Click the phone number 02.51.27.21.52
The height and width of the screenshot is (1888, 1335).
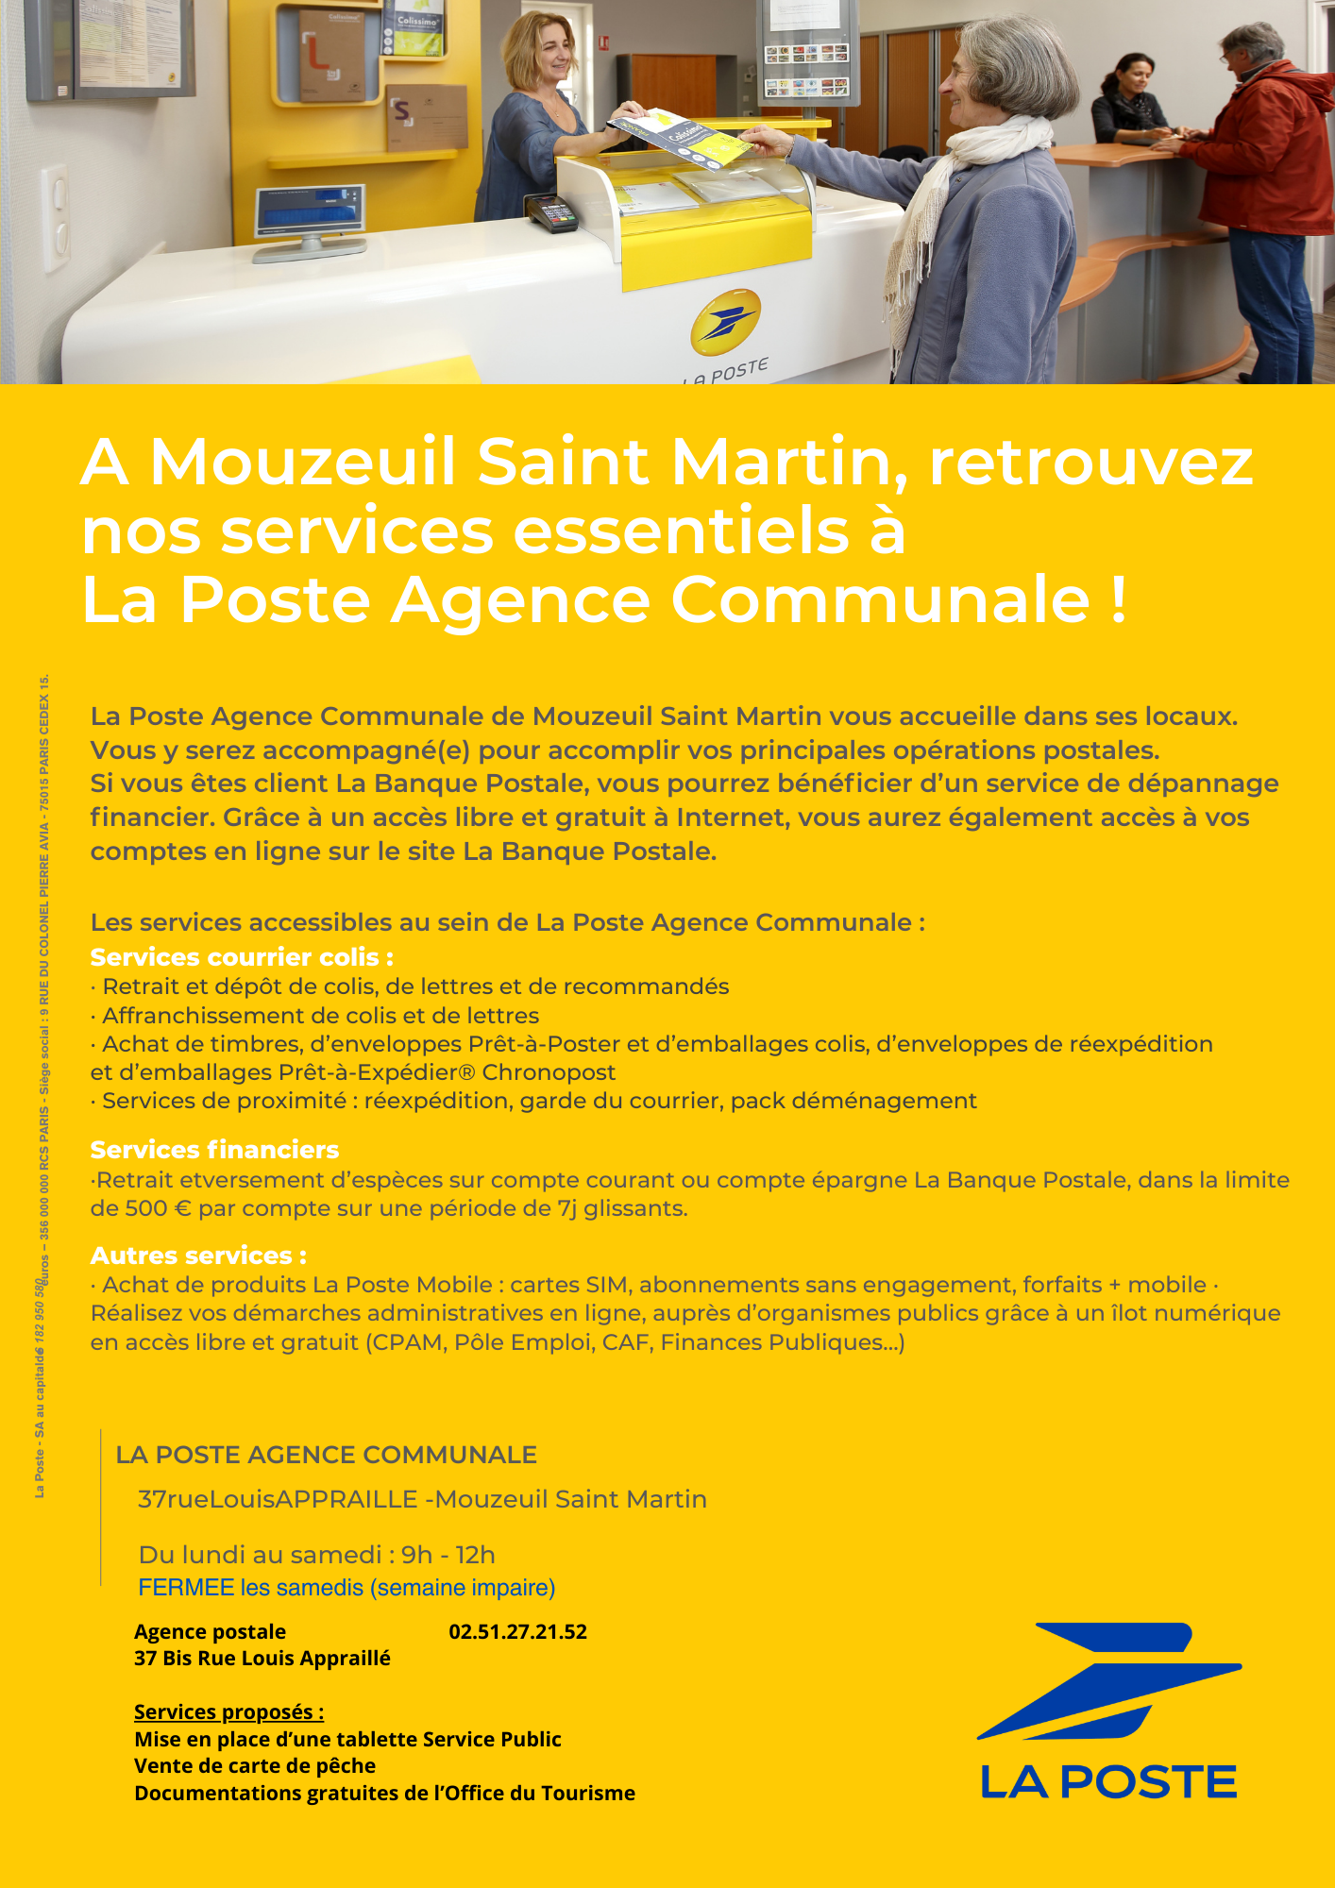click(517, 1631)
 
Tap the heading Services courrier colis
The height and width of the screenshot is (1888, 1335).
click(242, 957)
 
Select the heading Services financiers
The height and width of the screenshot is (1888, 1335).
click(214, 1150)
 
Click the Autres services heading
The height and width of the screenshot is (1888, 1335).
click(198, 1256)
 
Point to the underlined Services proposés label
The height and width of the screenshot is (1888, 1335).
click(228, 1711)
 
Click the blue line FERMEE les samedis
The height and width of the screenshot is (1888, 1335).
click(346, 1588)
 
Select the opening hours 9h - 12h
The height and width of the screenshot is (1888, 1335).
click(448, 1555)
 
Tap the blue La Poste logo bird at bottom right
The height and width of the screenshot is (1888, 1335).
click(1109, 1680)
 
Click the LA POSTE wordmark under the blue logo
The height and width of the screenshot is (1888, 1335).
click(1108, 1782)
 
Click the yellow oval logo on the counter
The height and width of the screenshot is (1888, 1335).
click(725, 322)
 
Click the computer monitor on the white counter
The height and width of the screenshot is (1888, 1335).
click(311, 213)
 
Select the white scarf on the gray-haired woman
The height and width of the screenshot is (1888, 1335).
click(954, 198)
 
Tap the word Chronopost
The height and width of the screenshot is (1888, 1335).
click(549, 1072)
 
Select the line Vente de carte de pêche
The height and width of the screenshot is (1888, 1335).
click(255, 1765)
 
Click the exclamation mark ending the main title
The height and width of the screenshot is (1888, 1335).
click(1119, 600)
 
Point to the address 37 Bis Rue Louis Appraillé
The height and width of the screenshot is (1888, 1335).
click(262, 1658)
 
